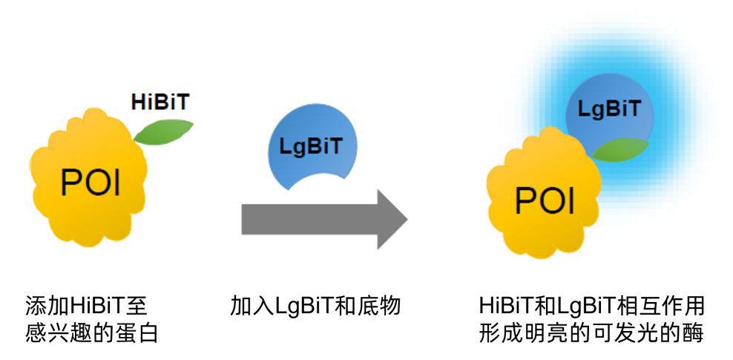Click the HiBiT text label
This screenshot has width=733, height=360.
pos(160,102)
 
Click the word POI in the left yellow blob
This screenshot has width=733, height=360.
pos(90,182)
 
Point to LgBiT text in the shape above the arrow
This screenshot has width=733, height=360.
pos(312,145)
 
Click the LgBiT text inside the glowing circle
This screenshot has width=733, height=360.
pos(610,111)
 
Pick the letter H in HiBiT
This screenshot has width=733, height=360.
pos(138,102)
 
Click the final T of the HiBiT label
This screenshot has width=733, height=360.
pos(182,102)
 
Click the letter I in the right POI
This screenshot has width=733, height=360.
pos(571,199)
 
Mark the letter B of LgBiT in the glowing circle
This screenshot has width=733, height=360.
pos(611,111)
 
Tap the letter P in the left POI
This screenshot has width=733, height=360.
pos(70,182)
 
